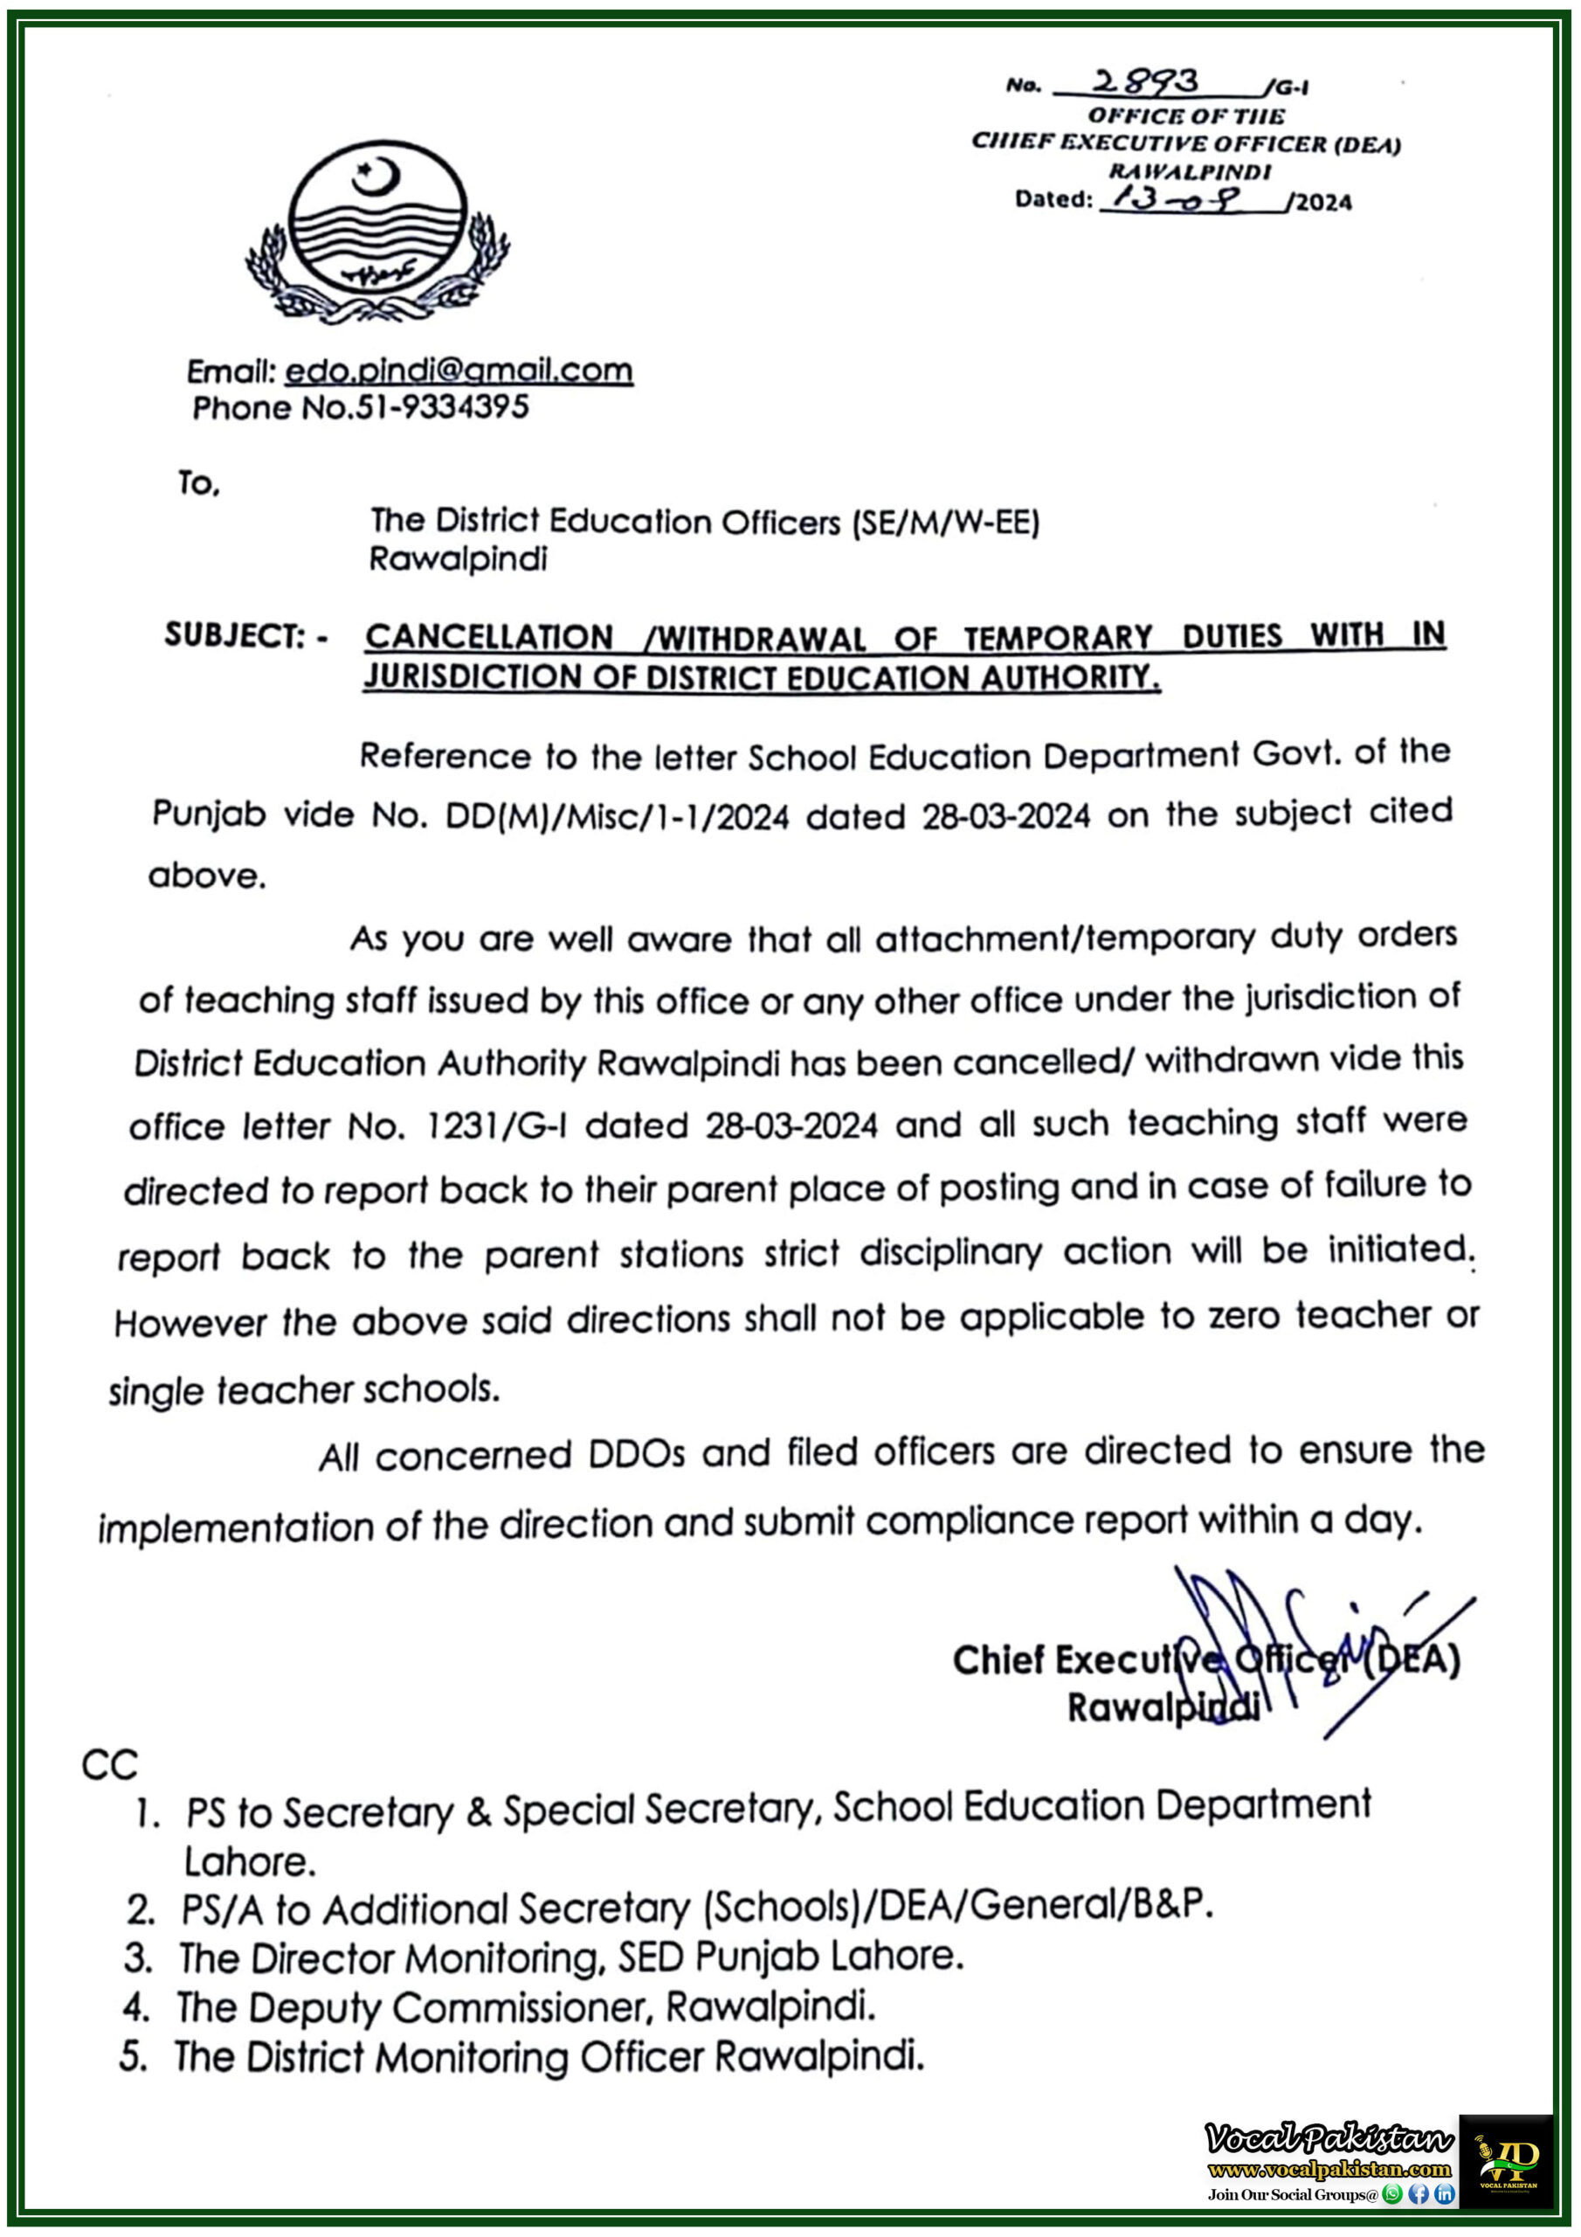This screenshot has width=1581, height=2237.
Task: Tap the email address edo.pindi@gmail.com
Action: pyautogui.click(x=459, y=371)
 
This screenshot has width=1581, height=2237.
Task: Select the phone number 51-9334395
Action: pyautogui.click(x=442, y=407)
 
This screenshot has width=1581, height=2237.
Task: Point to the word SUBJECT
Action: pyautogui.click(x=235, y=636)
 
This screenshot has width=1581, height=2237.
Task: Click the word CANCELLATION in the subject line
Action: pyautogui.click(x=489, y=637)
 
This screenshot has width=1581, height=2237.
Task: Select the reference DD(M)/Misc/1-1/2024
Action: pyautogui.click(x=617, y=816)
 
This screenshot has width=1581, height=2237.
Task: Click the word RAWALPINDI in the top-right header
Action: pyautogui.click(x=1190, y=172)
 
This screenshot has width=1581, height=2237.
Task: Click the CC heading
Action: pyautogui.click(x=109, y=1765)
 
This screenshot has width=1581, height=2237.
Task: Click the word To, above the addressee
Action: pyautogui.click(x=199, y=482)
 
